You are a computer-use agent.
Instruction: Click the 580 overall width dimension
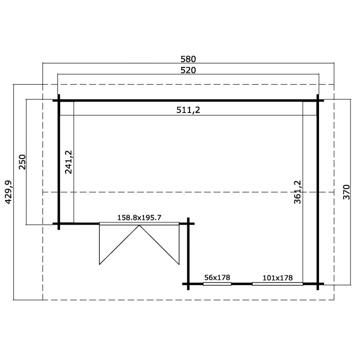188,59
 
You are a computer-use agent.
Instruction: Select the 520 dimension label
188,70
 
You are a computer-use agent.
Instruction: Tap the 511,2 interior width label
188,110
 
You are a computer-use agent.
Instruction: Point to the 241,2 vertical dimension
69,162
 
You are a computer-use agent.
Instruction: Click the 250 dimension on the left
22,162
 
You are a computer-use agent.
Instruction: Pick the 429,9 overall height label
9,192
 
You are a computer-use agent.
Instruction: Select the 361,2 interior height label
297,192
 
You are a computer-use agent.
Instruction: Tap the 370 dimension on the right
346,192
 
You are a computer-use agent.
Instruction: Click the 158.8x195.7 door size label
139,217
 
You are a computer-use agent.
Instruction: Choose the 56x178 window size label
217,278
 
